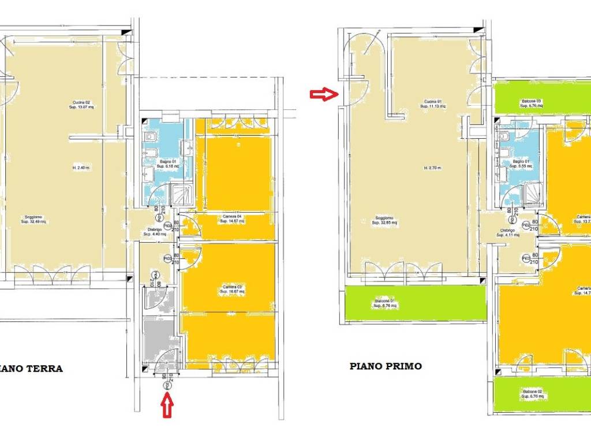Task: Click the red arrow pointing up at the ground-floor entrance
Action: (167, 404)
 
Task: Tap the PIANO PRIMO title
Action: (386, 366)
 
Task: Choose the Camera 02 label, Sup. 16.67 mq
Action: (233, 289)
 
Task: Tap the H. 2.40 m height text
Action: (82, 168)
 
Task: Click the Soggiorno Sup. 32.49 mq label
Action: (35, 220)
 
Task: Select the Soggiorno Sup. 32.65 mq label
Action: (383, 220)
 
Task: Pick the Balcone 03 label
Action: (531, 103)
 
